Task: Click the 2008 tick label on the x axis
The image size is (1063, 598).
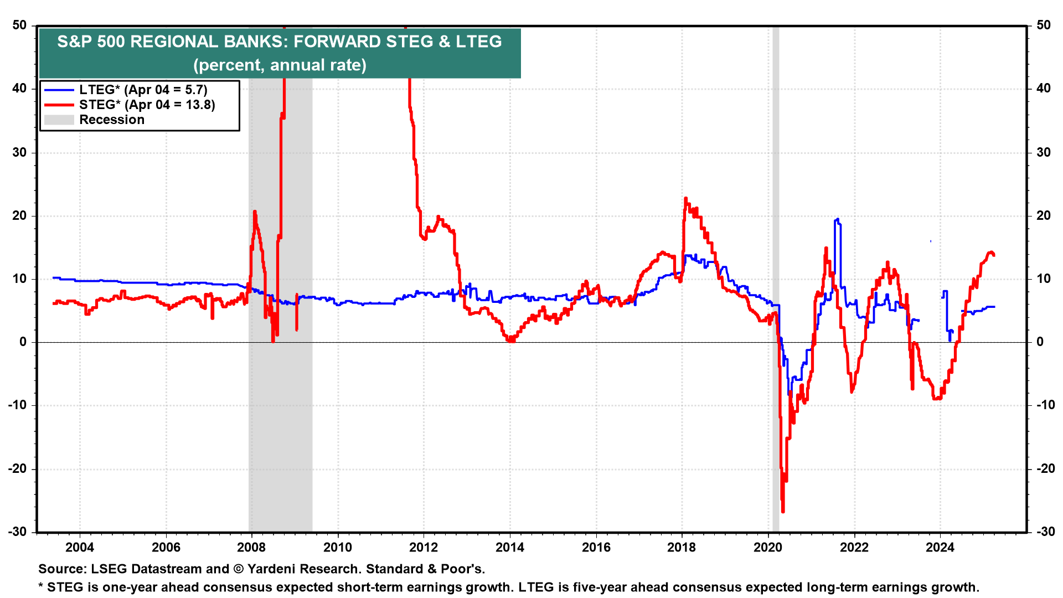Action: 252,548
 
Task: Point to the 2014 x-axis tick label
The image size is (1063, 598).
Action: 510,548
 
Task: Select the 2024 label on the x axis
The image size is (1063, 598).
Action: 940,548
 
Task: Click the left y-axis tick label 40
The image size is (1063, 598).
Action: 19,89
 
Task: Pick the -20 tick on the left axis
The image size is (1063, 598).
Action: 17,468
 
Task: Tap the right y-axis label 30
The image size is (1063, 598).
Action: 1043,152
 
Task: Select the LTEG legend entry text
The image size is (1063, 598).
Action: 143,90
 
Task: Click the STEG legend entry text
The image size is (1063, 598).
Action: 147,105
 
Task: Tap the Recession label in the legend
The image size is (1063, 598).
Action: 112,120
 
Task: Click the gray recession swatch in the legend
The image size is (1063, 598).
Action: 59,120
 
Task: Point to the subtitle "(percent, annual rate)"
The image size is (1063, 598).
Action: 280,65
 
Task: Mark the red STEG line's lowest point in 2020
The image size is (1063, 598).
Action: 783,511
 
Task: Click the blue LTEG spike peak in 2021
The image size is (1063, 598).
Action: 837,219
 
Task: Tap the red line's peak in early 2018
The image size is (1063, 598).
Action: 685,198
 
